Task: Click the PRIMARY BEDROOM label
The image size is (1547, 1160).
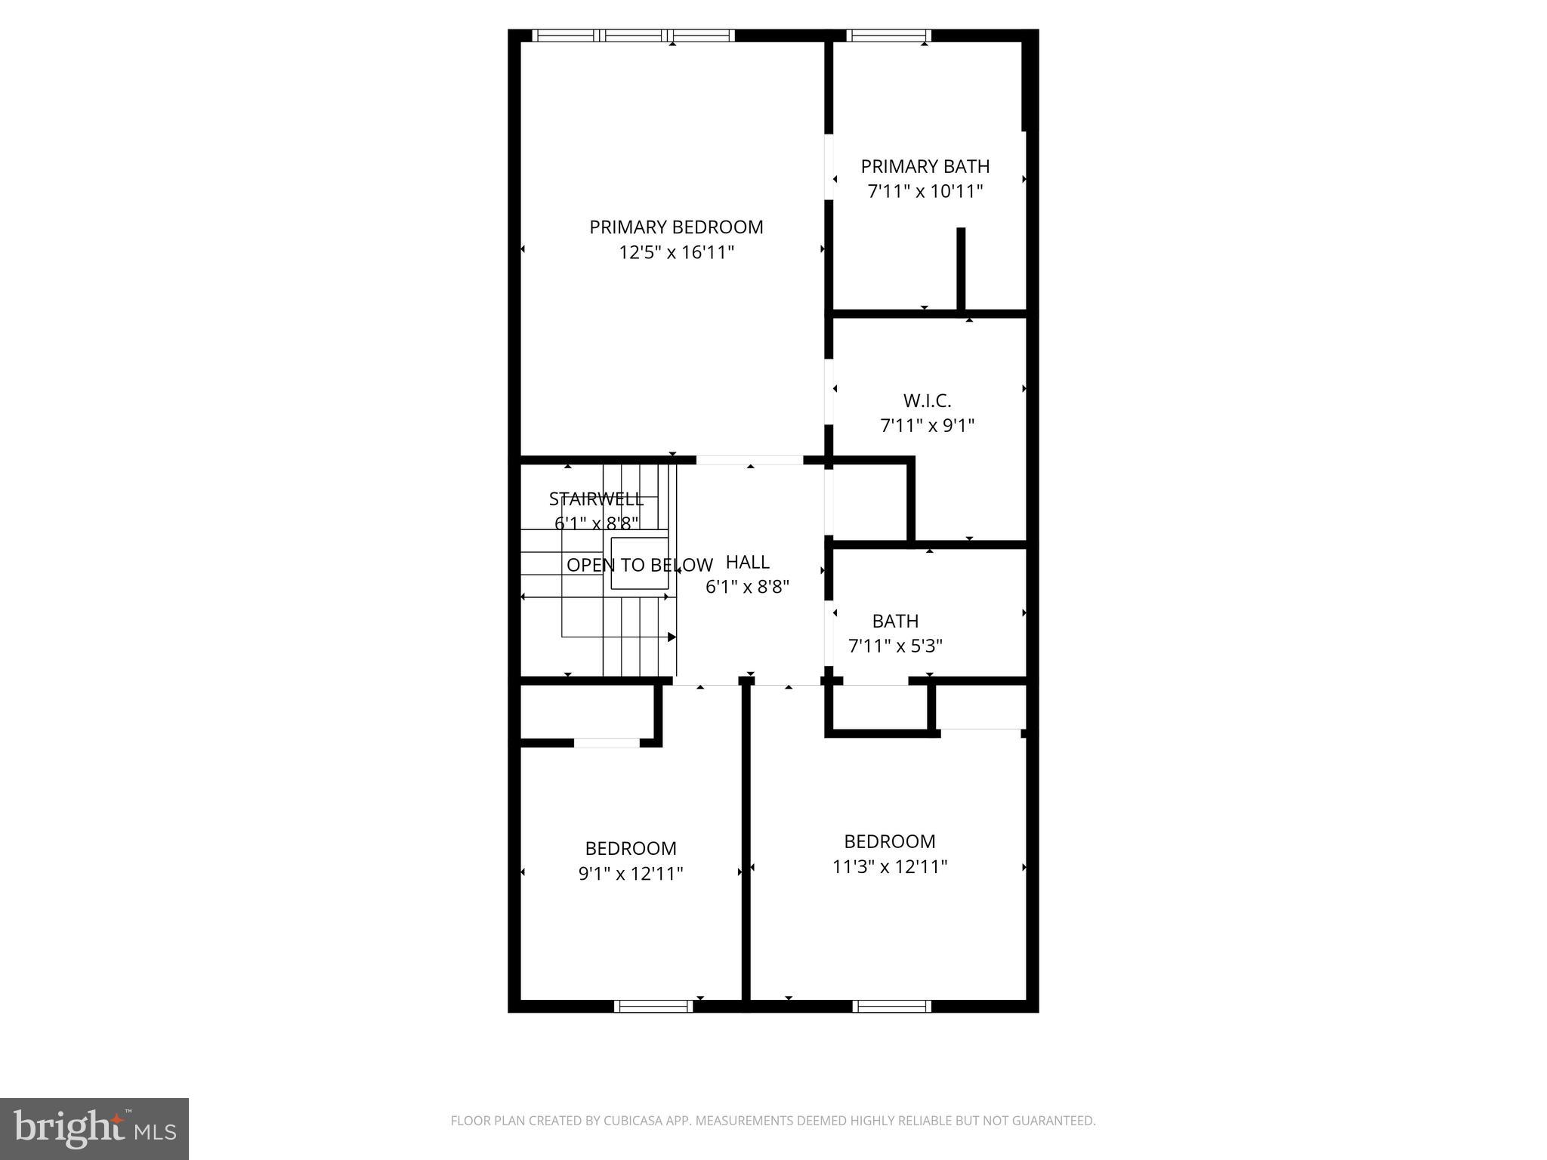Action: coord(676,227)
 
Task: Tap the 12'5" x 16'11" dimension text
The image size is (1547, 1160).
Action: coord(676,252)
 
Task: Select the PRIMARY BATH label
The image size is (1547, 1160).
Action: coord(925,166)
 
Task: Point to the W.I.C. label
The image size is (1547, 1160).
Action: coord(927,400)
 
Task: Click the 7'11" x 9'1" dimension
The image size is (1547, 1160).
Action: coord(927,426)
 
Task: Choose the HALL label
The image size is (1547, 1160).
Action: coord(747,562)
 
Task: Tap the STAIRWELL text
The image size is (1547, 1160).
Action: coord(596,499)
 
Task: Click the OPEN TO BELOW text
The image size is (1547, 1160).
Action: coord(639,565)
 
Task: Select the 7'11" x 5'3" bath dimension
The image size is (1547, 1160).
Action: coord(895,646)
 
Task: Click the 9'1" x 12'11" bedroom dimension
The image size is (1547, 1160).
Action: coord(631,874)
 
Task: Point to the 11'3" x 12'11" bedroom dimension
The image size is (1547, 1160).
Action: coord(889,867)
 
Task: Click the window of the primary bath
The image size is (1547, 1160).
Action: coord(888,35)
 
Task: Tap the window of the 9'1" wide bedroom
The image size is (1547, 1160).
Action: coord(653,1006)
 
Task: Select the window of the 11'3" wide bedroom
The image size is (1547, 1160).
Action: coord(891,1006)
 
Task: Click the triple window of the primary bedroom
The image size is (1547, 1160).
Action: coord(633,35)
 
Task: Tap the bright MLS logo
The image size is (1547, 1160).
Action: coord(94,1128)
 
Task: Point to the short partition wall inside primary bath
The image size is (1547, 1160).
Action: coord(961,268)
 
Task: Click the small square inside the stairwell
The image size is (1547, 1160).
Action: coord(639,563)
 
